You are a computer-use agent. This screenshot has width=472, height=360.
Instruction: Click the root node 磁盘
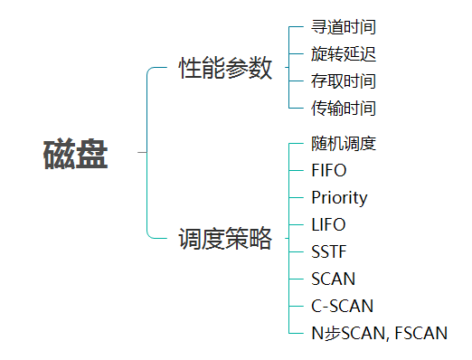click(x=76, y=154)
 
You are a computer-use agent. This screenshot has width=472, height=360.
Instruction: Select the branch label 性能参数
click(x=225, y=68)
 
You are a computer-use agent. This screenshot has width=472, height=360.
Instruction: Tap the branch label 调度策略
click(x=225, y=239)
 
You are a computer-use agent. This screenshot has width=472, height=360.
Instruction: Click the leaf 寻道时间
click(x=344, y=27)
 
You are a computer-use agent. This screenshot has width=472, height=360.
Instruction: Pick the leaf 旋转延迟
click(x=344, y=54)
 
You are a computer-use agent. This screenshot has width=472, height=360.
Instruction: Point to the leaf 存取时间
click(x=344, y=81)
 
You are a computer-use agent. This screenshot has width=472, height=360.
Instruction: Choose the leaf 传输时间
click(x=344, y=108)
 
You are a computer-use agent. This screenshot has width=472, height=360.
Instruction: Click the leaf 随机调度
click(x=344, y=143)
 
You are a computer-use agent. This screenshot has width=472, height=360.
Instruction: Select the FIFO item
click(x=329, y=170)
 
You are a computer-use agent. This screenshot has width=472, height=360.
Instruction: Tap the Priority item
click(x=339, y=198)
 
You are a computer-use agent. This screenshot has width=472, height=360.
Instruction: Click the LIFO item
click(x=328, y=224)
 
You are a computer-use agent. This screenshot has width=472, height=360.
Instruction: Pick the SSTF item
click(x=329, y=251)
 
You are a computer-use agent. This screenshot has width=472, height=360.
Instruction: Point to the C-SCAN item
click(x=342, y=306)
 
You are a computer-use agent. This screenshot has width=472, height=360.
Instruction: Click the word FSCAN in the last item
click(x=420, y=333)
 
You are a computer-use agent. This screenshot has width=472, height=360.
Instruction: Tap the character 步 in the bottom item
click(x=332, y=333)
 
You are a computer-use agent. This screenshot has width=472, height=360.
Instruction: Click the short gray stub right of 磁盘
click(x=142, y=152)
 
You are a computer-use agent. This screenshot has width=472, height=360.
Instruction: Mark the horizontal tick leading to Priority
click(x=296, y=197)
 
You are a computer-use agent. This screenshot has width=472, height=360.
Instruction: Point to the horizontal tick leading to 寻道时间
click(x=296, y=27)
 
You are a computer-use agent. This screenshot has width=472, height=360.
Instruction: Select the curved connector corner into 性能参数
click(x=150, y=70)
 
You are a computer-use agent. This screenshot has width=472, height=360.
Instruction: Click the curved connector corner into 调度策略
click(x=150, y=236)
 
